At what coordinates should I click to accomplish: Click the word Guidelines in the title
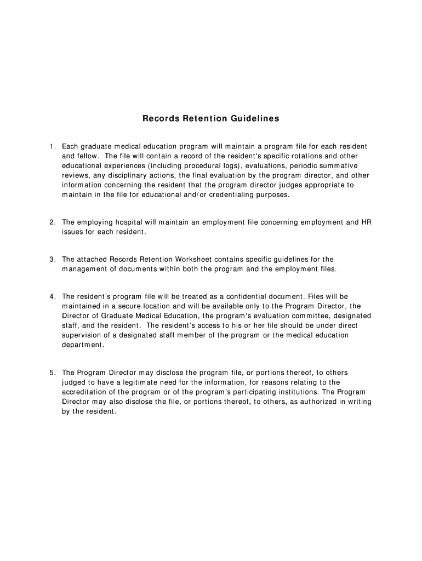click(x=254, y=118)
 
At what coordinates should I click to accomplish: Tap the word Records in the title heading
click(x=159, y=118)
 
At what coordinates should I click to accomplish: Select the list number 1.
click(x=52, y=146)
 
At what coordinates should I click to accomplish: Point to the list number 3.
click(x=52, y=259)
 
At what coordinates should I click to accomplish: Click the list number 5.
click(x=52, y=373)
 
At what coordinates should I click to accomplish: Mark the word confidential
click(x=246, y=296)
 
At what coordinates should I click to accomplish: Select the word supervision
click(x=83, y=335)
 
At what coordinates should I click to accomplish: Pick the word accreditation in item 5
click(x=87, y=392)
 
